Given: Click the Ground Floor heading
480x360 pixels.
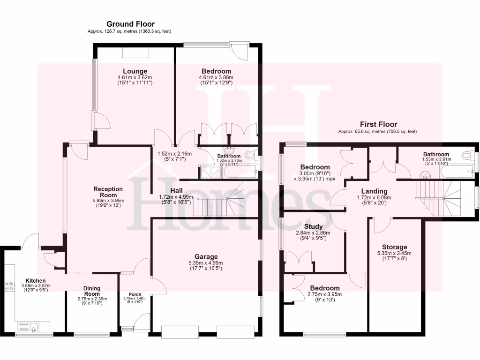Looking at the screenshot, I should click(130, 24).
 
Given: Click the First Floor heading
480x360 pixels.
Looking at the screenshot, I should click(377, 124).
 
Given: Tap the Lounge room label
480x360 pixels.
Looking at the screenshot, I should click(135, 71).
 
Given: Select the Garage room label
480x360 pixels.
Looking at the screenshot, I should click(206, 256).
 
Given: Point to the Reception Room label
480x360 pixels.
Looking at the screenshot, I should click(108, 192).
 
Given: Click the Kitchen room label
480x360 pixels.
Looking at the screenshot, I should click(35, 280).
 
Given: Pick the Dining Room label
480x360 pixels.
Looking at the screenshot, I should click(92, 291).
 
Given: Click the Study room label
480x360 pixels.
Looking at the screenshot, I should click(313, 226).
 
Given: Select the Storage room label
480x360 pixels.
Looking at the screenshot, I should click(394, 247).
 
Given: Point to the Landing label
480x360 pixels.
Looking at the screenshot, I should click(374, 191).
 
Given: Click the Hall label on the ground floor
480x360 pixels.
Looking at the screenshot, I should click(176, 190).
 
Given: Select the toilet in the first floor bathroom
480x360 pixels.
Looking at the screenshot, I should click(468, 156).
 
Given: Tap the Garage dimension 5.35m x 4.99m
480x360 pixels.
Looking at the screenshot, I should click(206, 263).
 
